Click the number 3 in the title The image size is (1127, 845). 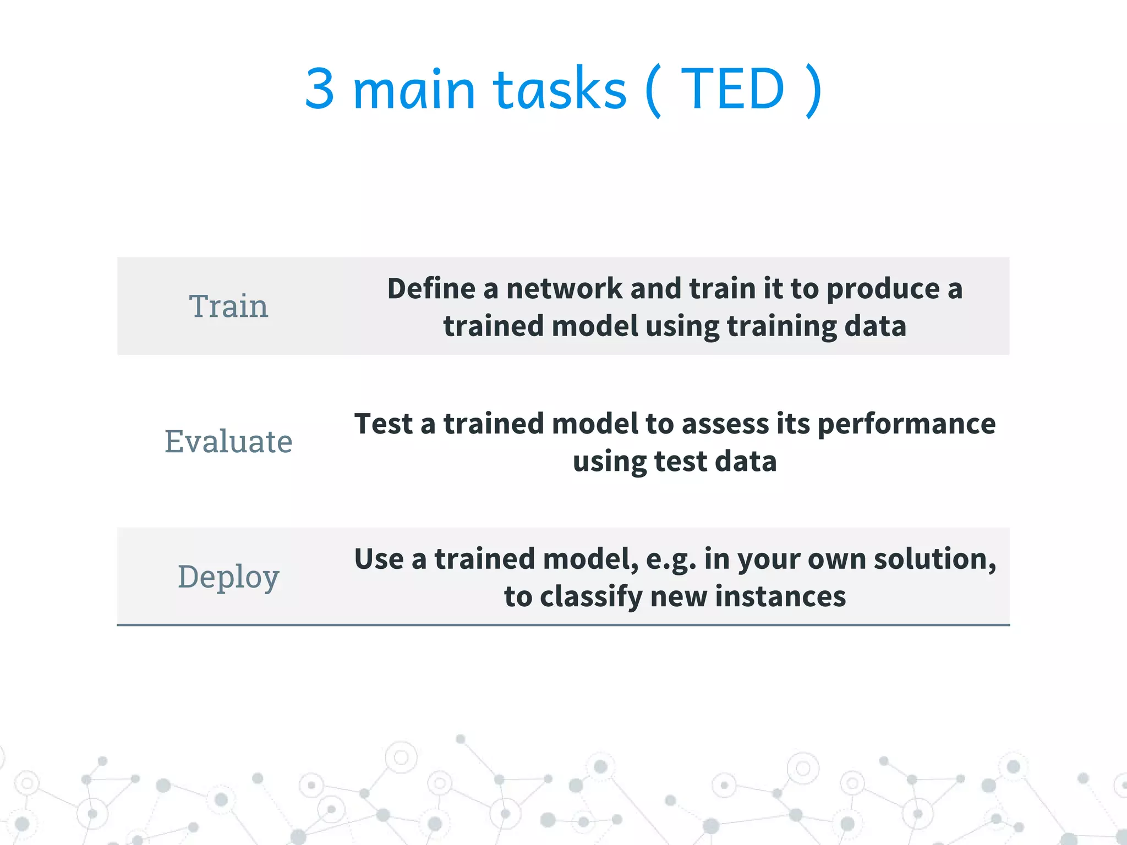click(320, 89)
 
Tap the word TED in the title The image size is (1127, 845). click(732, 89)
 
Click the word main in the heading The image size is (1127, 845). click(414, 89)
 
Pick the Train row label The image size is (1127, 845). click(228, 306)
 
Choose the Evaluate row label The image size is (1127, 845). click(228, 442)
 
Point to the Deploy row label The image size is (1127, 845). click(228, 577)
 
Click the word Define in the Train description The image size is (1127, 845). click(431, 289)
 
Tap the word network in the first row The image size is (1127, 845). click(564, 289)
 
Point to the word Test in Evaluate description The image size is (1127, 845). click(383, 424)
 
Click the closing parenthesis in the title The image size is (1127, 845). click(813, 90)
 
